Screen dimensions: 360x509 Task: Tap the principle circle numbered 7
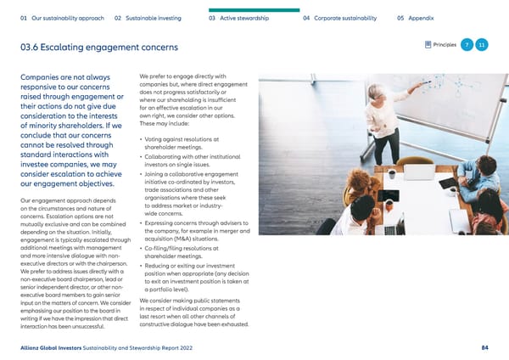coord(467,45)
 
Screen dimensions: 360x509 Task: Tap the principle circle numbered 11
coord(482,45)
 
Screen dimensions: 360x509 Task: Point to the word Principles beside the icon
coord(445,45)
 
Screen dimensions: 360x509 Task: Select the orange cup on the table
coord(389,204)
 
